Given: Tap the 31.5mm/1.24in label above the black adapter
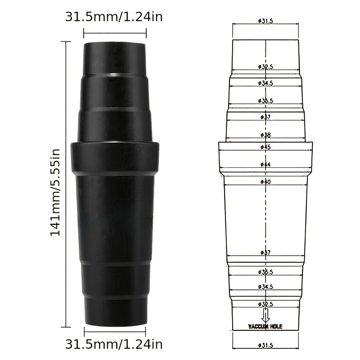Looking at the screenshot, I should pos(114,17).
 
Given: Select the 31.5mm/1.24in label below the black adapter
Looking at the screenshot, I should pos(114,345).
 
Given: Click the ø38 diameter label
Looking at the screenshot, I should pos(265,135).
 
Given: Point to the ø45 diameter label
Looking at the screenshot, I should pos(265,147).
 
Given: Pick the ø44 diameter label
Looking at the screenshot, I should pos(265,165).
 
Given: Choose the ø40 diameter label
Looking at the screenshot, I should pos(265,182).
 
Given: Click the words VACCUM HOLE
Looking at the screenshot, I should pos(265,326).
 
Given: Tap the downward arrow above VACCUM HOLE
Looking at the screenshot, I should pos(265,315).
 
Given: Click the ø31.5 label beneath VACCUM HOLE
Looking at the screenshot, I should pos(265,345).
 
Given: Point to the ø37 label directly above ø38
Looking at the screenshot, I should pos(265,117).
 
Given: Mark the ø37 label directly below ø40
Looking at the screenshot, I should pos(265,253).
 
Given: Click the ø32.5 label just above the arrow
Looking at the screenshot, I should pos(265,304).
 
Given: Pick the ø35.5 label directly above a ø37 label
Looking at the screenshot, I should pos(265,101).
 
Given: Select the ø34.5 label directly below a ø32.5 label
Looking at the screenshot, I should pos(265,83).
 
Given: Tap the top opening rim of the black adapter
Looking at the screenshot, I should pos(115,44).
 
